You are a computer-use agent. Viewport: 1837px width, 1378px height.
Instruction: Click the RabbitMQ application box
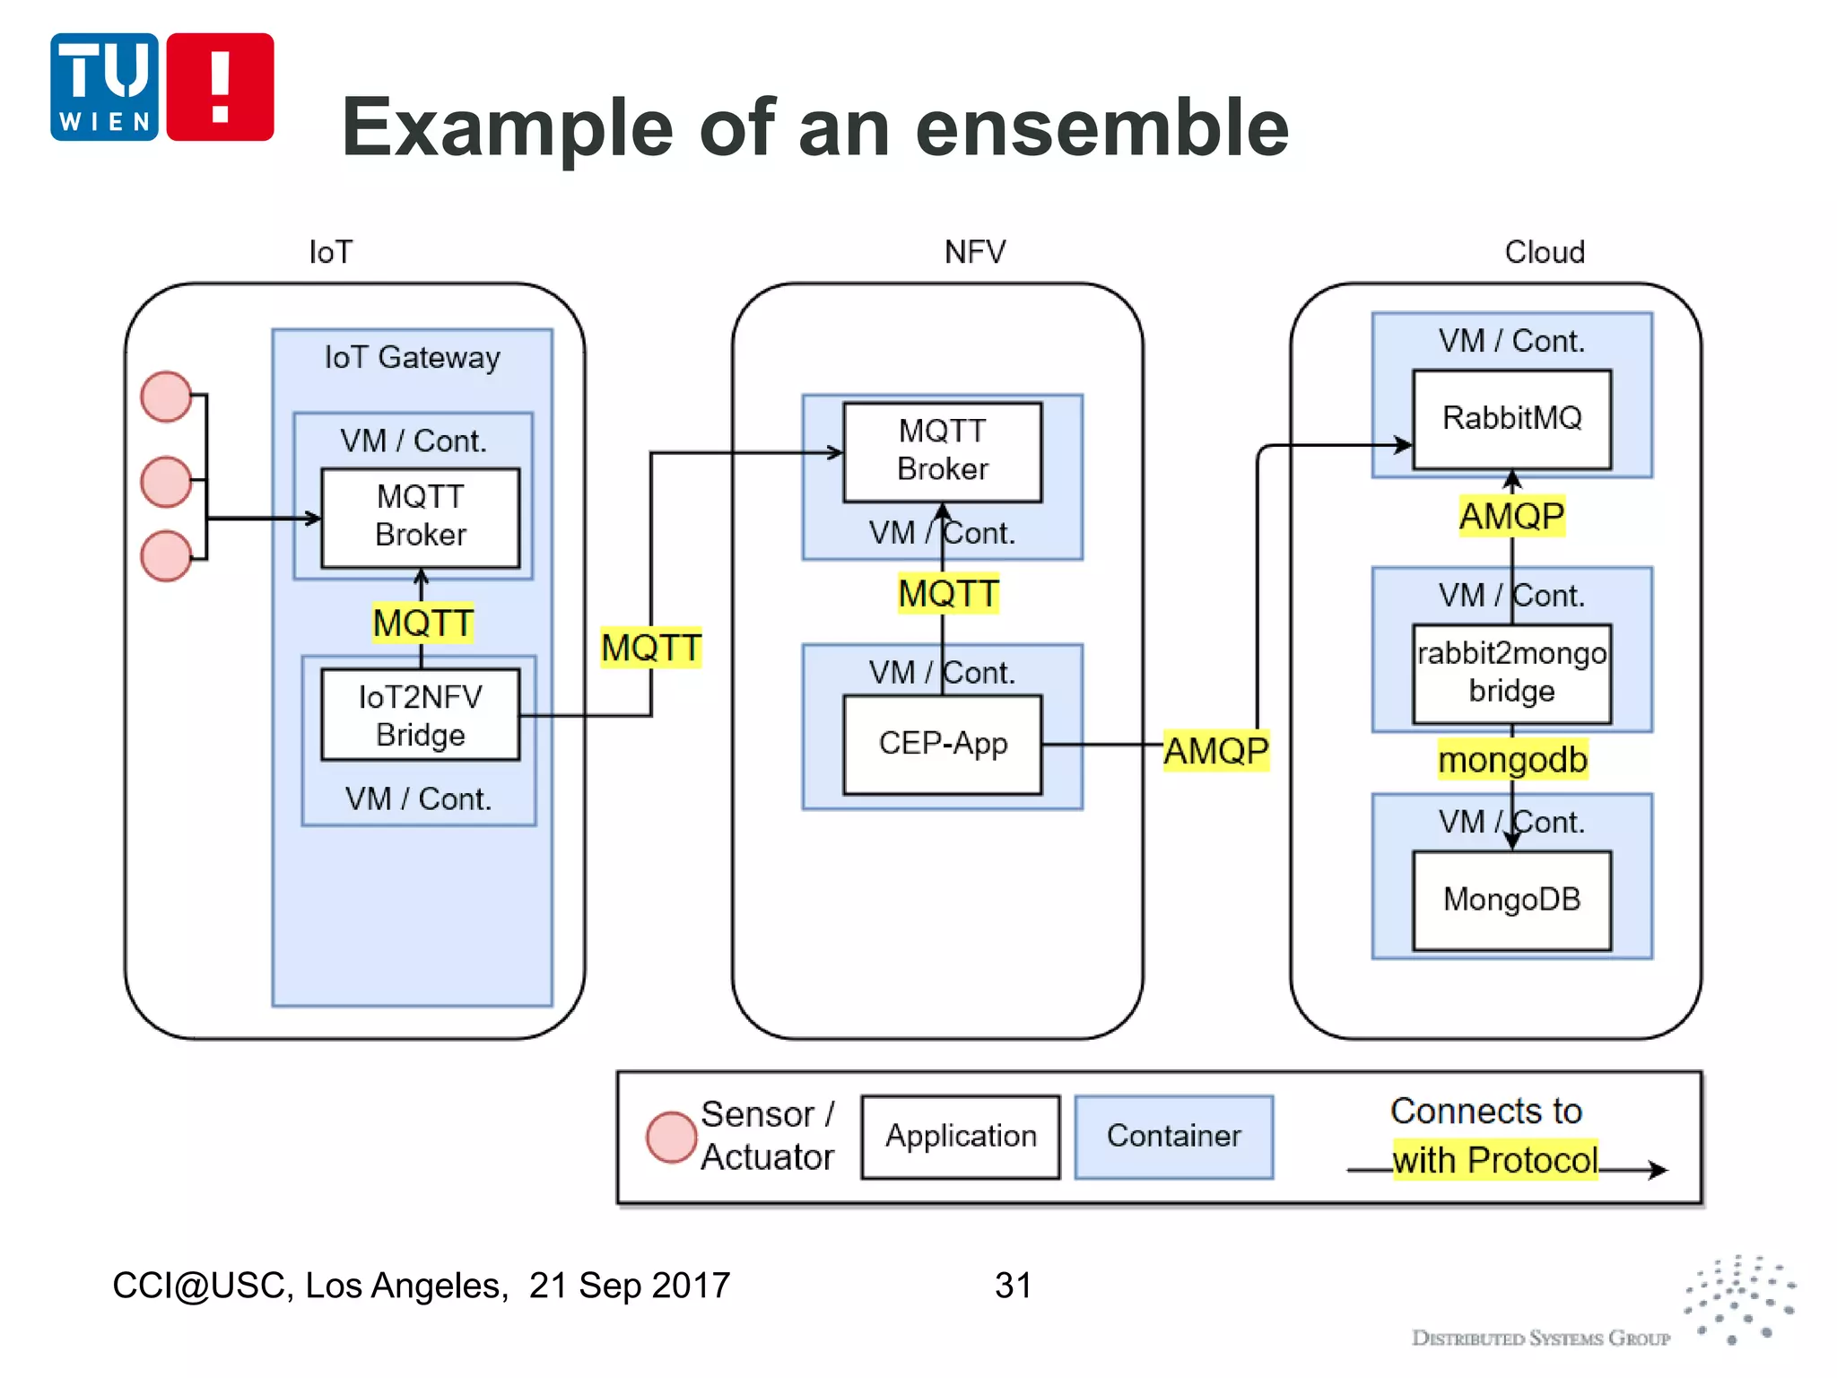click(1511, 419)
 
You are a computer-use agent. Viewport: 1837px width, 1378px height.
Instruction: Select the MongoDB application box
click(1511, 900)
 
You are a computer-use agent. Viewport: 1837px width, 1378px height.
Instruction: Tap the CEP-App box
click(943, 744)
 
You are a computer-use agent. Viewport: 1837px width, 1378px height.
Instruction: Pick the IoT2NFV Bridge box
click(420, 715)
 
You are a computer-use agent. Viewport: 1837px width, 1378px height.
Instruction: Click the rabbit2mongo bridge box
click(1511, 673)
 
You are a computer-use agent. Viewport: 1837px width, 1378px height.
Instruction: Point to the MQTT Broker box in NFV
click(943, 451)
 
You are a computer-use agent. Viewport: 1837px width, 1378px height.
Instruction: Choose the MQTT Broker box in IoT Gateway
click(420, 517)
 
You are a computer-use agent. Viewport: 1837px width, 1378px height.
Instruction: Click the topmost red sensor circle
click(166, 397)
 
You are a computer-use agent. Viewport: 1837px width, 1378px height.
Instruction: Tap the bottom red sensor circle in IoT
click(166, 555)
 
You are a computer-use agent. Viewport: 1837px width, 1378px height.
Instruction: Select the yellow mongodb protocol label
click(1512, 760)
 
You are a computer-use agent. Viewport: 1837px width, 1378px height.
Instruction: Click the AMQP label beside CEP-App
click(1215, 751)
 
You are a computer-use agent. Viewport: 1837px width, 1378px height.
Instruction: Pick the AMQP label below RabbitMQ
click(1511, 517)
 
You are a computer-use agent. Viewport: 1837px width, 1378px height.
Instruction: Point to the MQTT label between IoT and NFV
click(651, 648)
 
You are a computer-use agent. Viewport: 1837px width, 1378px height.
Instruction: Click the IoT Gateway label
click(412, 358)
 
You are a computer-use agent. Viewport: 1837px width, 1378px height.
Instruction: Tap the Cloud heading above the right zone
click(1545, 252)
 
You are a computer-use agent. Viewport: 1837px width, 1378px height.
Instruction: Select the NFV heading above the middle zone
click(975, 252)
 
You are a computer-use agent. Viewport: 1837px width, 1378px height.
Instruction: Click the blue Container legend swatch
click(1173, 1137)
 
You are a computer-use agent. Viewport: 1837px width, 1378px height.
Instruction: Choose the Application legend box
click(960, 1137)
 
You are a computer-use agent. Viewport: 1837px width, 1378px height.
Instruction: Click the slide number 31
click(1013, 1286)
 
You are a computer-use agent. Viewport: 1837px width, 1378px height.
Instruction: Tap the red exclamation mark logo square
click(220, 87)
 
